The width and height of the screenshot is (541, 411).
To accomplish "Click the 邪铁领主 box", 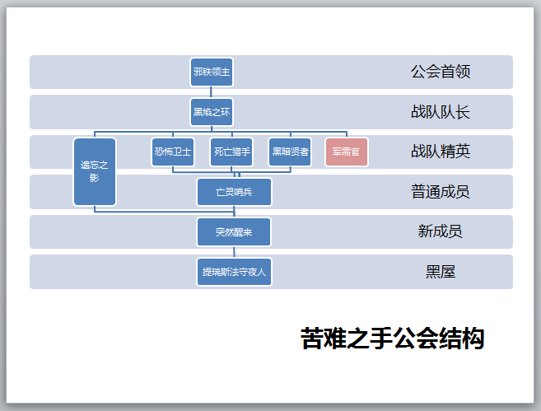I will pyautogui.click(x=212, y=72).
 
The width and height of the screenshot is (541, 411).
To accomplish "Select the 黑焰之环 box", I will pyautogui.click(x=212, y=111).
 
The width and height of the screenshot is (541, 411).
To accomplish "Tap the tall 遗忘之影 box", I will pyautogui.click(x=95, y=171).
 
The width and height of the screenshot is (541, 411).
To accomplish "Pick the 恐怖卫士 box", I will pyautogui.click(x=173, y=152).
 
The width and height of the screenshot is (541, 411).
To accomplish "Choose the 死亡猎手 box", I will pyautogui.click(x=231, y=152).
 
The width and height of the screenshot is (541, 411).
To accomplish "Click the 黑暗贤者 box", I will pyautogui.click(x=290, y=152).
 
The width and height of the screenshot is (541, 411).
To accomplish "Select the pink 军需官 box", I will pyautogui.click(x=347, y=152).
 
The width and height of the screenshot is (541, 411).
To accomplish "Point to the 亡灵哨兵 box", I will pyautogui.click(x=234, y=192).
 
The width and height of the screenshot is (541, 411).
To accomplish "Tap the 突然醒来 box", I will pyautogui.click(x=234, y=231).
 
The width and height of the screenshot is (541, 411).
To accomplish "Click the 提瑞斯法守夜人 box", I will pyautogui.click(x=234, y=271).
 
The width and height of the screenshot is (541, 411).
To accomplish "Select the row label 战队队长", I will pyautogui.click(x=441, y=112).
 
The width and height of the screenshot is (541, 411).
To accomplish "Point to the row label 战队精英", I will pyautogui.click(x=441, y=152).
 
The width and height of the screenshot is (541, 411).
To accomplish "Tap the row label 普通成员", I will pyautogui.click(x=441, y=192).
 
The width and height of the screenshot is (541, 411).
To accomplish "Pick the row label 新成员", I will pyautogui.click(x=441, y=231).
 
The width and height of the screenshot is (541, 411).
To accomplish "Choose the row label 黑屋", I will pyautogui.click(x=441, y=271).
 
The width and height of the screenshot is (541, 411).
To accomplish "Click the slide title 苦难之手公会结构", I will pyautogui.click(x=392, y=339).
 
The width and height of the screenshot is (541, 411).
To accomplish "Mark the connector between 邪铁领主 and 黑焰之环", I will pyautogui.click(x=212, y=91).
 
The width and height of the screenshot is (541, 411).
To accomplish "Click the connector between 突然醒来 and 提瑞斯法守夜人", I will pyautogui.click(x=234, y=251).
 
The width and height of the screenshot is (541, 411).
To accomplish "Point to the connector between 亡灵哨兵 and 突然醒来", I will pyautogui.click(x=234, y=212).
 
